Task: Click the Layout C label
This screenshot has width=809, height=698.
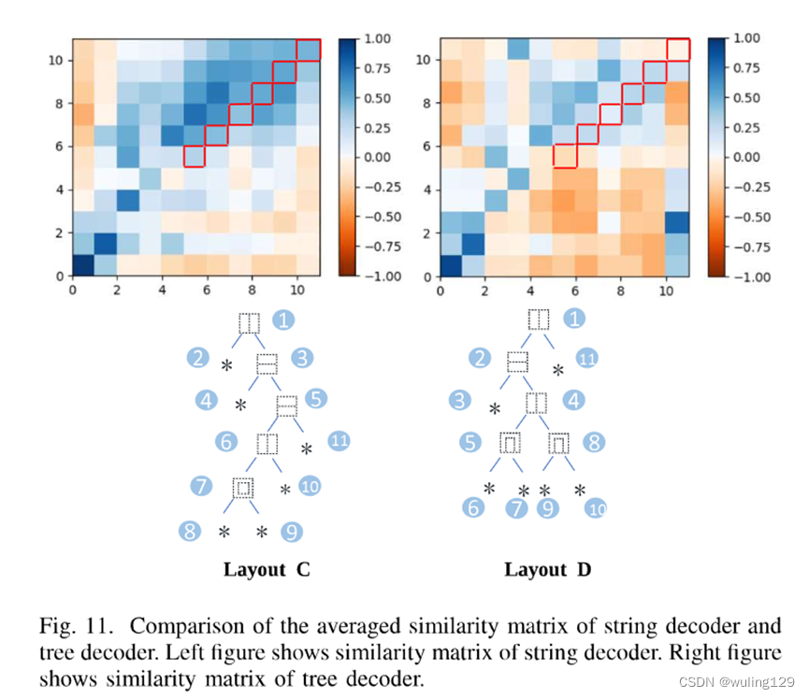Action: pyautogui.click(x=267, y=570)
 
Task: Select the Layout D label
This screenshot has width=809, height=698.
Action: pyautogui.click(x=548, y=570)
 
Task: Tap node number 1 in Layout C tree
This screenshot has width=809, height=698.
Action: pyautogui.click(x=284, y=321)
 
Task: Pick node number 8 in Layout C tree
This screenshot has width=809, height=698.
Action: pyautogui.click(x=190, y=532)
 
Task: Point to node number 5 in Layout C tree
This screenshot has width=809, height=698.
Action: pyautogui.click(x=315, y=399)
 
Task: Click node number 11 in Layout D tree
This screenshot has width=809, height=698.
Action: pyautogui.click(x=586, y=359)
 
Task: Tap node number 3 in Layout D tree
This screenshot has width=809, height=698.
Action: pyautogui.click(x=459, y=401)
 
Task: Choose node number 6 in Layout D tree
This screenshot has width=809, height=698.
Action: pyautogui.click(x=474, y=507)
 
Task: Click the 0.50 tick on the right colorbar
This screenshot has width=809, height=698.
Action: pyautogui.click(x=748, y=98)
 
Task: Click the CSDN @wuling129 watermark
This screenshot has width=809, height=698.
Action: pyautogui.click(x=737, y=682)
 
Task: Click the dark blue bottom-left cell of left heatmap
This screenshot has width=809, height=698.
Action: pyautogui.click(x=82, y=265)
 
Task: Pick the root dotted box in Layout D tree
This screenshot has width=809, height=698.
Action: pyautogui.click(x=539, y=321)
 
